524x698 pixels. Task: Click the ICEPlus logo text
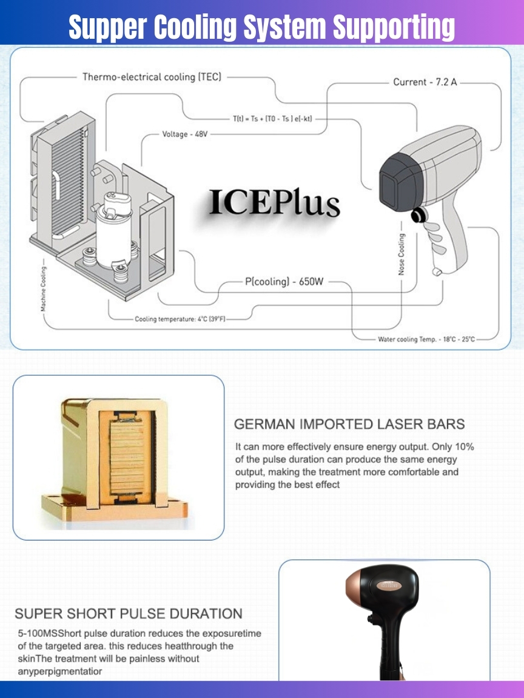[275, 202]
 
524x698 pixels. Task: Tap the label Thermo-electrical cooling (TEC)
[152, 77]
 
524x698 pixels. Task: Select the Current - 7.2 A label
[425, 82]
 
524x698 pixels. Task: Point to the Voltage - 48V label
[185, 134]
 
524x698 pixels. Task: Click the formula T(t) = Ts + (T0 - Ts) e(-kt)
[273, 119]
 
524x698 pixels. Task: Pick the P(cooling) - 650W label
[284, 281]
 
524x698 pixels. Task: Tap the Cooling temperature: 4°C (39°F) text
[181, 319]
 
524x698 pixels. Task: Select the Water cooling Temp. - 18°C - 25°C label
[426, 339]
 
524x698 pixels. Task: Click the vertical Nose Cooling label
[401, 254]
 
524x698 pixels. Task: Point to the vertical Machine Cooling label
[43, 289]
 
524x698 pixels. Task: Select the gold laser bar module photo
[115, 460]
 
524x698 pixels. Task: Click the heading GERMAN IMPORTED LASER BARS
[349, 424]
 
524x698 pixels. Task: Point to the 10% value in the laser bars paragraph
[464, 447]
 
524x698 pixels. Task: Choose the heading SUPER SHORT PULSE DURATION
[129, 613]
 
